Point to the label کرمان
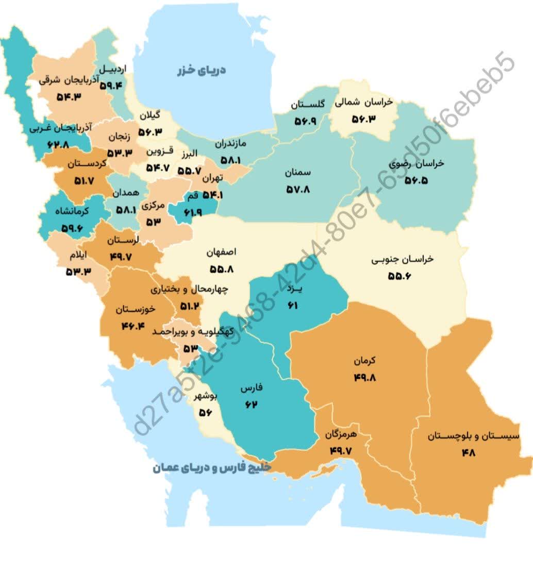365,361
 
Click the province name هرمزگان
348,435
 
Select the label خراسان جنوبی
402,259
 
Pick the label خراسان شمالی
363,102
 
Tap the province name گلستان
307,105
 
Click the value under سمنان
298,190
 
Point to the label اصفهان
221,253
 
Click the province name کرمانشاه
71,211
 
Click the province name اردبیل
112,69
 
